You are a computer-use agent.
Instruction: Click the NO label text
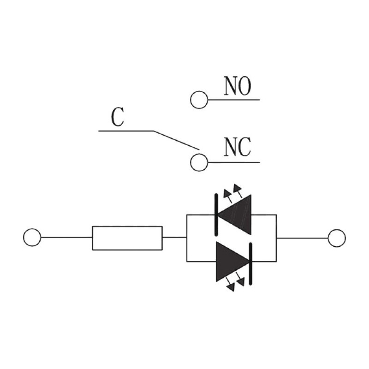coord(238,86)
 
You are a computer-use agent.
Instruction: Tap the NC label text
coord(238,147)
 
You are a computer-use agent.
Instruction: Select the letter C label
coord(118,117)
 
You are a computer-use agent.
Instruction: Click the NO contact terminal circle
coord(199,100)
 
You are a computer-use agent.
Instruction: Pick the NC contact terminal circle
coord(199,162)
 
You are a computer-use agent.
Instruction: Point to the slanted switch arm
coord(177,140)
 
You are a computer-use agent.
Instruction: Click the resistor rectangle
coord(127,238)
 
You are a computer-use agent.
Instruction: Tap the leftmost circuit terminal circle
coord(32,237)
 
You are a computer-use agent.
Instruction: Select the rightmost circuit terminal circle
coord(337,238)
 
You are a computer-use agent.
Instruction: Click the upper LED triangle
coord(234,214)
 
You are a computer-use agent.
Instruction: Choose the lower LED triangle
coord(232,262)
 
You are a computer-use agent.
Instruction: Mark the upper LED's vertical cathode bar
coord(216,214)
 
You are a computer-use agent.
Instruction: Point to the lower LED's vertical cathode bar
coord(251,264)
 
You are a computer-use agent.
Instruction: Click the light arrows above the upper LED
coord(232,193)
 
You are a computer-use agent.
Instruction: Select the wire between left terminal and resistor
coord(66,238)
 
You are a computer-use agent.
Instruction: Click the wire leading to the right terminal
coord(302,238)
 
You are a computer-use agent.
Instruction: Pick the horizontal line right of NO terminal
coord(234,100)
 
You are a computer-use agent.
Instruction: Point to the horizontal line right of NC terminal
coord(234,162)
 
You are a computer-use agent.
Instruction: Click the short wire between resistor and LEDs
coord(174,237)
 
